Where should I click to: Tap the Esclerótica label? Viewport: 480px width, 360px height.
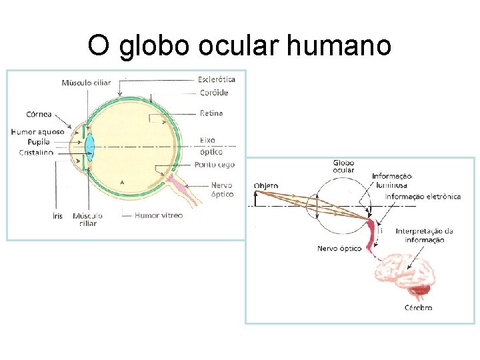coord(217,79)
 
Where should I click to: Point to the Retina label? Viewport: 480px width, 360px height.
coord(211,113)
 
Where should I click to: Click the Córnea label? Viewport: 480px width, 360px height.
coord(39,113)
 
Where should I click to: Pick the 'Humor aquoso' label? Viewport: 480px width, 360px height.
coord(37,132)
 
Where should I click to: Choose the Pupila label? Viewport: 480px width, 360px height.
coord(39,142)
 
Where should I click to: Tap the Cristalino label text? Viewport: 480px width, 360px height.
coord(36,153)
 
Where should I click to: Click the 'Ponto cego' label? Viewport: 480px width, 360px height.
coord(214,165)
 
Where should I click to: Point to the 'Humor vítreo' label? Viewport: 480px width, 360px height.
coord(159,215)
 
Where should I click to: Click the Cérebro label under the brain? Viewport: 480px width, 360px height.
coord(419,307)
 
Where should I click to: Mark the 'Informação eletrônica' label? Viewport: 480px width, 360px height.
coord(423,197)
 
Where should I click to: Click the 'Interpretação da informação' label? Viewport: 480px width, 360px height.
coord(424,235)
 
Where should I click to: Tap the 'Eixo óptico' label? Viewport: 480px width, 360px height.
coord(207,145)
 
